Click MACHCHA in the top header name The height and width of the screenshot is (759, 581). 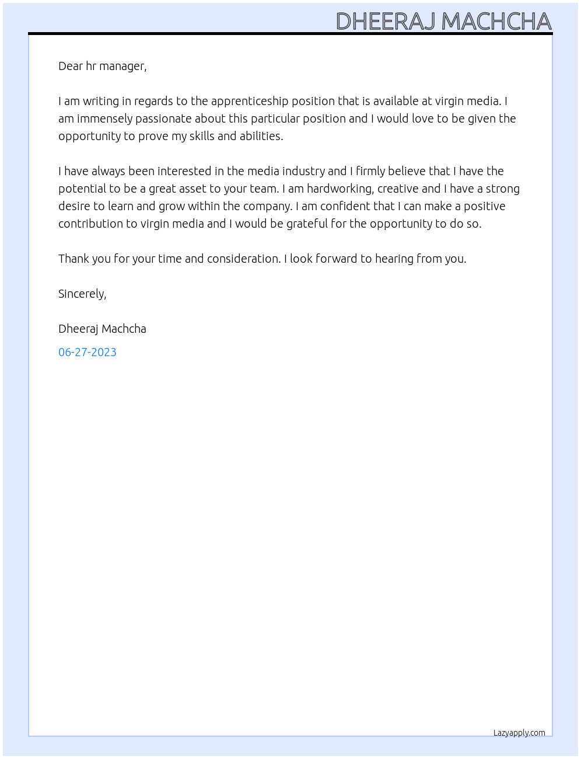[x=496, y=22]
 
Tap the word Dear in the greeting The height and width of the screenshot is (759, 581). [x=71, y=66]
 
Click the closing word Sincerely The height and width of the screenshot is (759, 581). [x=82, y=294]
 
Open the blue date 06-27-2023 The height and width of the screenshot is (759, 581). [x=87, y=352]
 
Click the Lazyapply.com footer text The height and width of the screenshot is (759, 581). [x=519, y=733]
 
